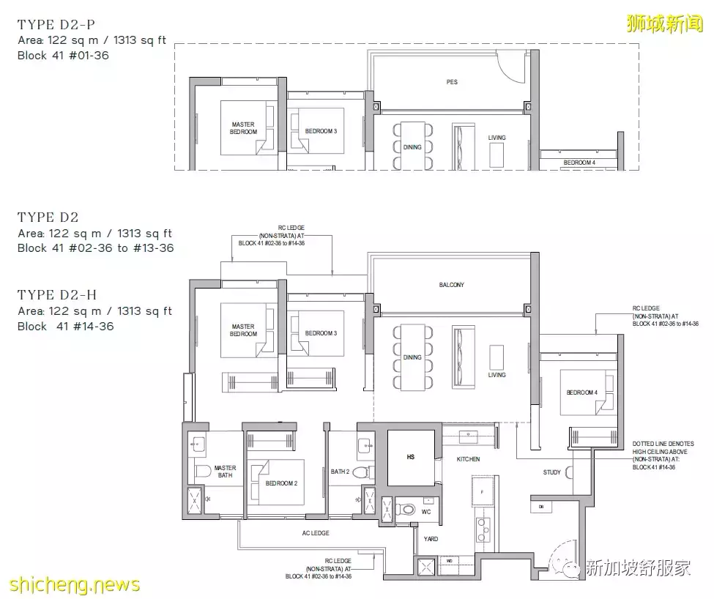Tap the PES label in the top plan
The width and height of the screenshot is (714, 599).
coord(452,82)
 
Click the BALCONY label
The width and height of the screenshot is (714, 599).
coord(452,285)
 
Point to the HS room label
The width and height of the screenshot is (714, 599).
coord(410,457)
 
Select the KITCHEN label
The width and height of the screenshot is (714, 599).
coord(469,459)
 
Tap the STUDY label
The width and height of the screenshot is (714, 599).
coord(552,472)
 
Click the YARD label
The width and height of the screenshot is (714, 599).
coord(431,539)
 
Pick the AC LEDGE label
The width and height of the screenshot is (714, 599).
coord(316,533)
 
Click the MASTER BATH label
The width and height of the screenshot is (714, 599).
coord(225,472)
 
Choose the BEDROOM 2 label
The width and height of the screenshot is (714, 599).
coord(281,483)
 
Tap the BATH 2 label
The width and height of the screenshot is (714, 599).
coord(338,472)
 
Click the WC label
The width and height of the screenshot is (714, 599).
coord(425,512)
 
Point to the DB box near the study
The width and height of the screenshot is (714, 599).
coord(540,506)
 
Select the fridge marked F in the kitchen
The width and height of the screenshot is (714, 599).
coord(483,491)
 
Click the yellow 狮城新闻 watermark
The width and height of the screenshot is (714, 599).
coord(663,23)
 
